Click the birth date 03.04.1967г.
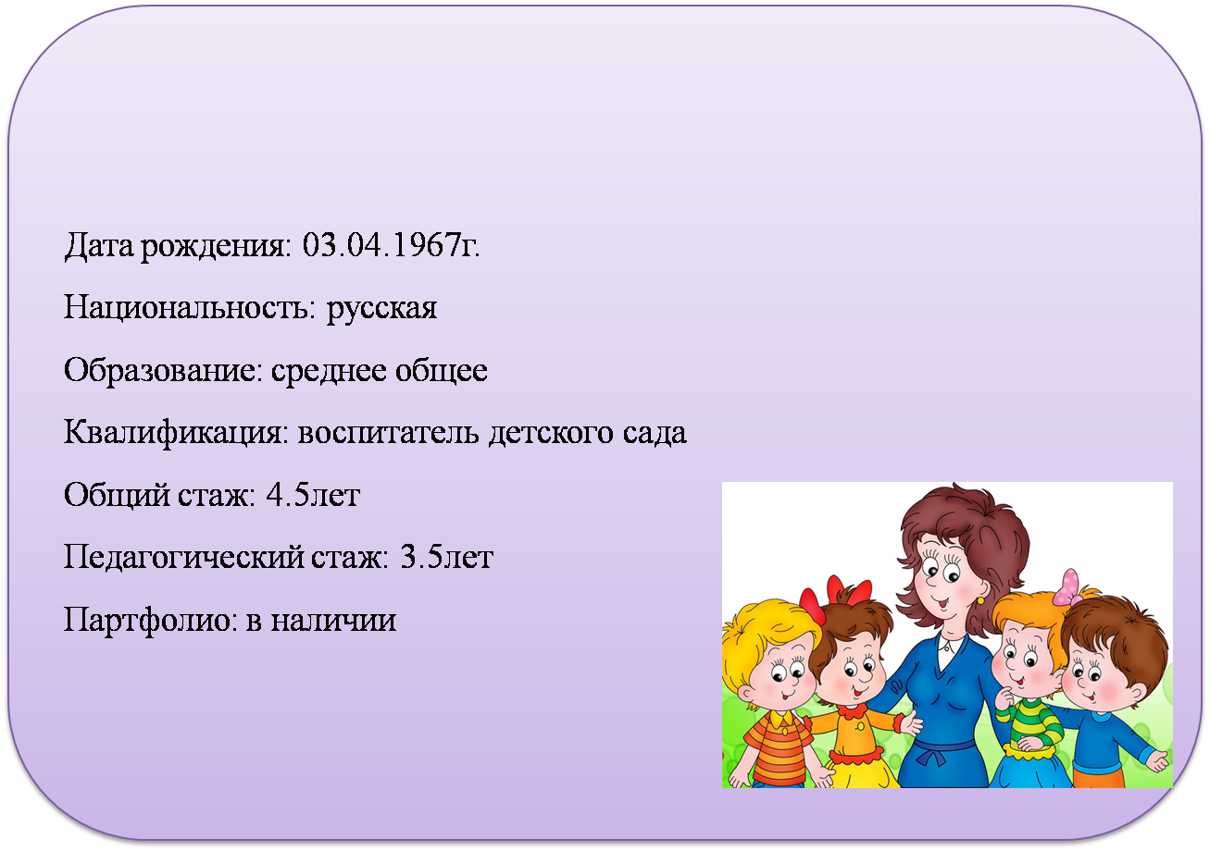click(x=391, y=245)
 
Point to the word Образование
click(x=163, y=371)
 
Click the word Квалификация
click(x=177, y=433)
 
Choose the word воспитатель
click(x=389, y=433)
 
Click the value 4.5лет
click(x=313, y=495)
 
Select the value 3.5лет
click(x=446, y=557)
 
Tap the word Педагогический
click(x=183, y=558)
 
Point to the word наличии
click(x=333, y=621)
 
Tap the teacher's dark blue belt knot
click(x=933, y=753)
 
